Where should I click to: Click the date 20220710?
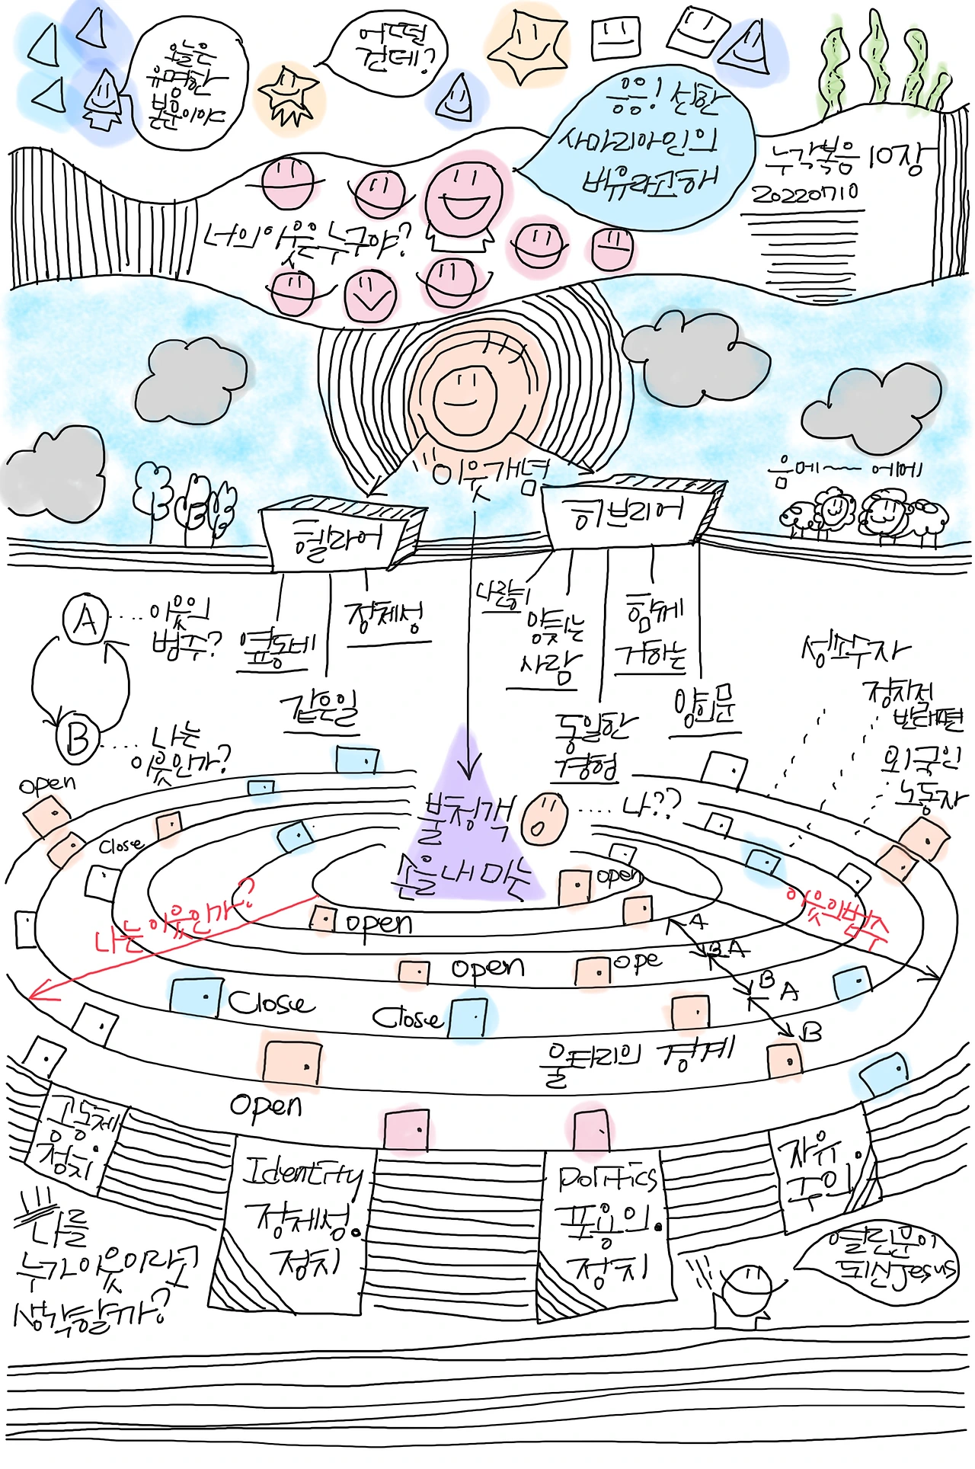(x=805, y=194)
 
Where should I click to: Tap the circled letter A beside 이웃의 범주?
(x=85, y=620)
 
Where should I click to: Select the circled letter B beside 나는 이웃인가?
(x=78, y=738)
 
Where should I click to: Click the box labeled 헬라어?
(x=335, y=537)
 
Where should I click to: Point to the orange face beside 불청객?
(x=544, y=818)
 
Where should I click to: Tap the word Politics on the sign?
(x=606, y=1179)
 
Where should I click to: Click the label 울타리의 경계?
(x=636, y=1056)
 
